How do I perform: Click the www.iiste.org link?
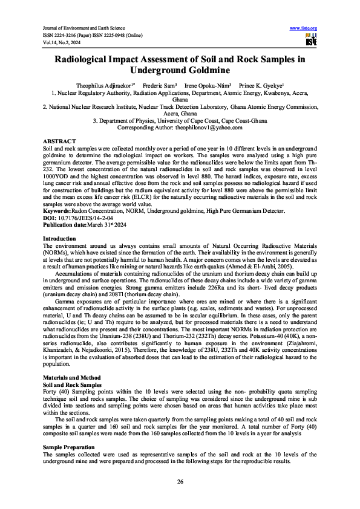click(304, 28)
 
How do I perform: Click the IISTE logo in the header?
click(311, 40)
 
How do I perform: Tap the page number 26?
click(180, 481)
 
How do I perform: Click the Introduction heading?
click(59, 256)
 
